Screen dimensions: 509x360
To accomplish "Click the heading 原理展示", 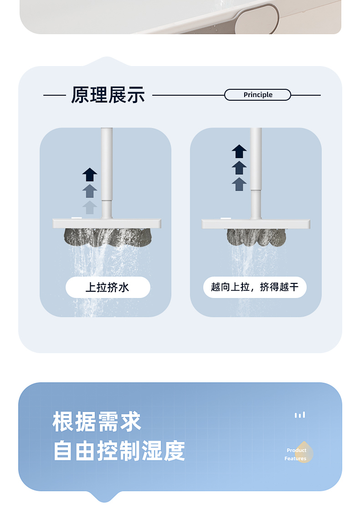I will pos(108,95).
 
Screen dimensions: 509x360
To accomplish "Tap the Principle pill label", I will pos(257,95).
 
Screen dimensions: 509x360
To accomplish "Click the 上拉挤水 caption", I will pos(108,288).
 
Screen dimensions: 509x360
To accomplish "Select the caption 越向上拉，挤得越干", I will pos(255,287).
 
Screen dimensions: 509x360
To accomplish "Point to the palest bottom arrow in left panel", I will pos(90,207).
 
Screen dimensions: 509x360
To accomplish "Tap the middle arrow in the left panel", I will pos(90,191).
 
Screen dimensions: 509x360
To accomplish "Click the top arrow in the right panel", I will pos(239,151).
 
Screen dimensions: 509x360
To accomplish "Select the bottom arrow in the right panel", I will pos(239,184).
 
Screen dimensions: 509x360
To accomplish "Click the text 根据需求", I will pos(97,422).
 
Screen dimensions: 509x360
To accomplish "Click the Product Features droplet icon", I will pos(303,452).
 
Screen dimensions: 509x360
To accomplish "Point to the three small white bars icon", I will pos(300,415).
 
